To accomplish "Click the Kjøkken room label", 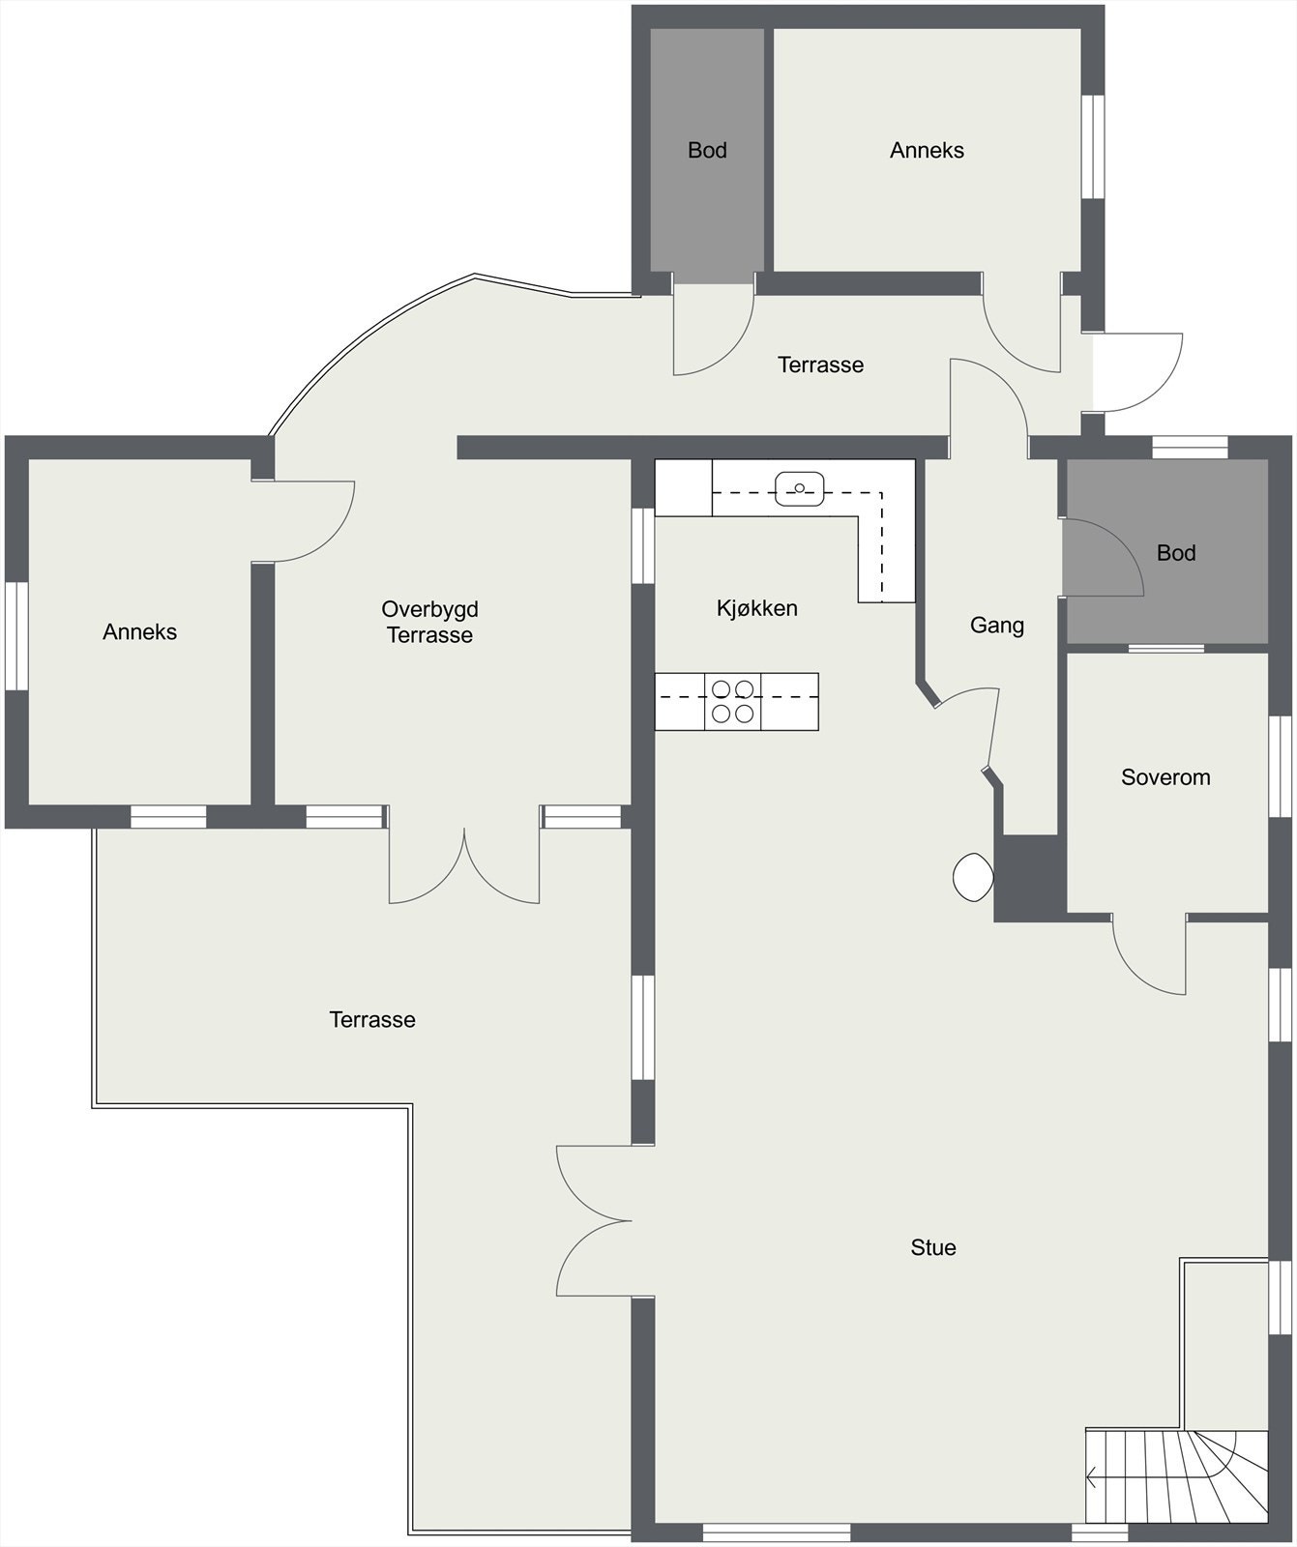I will click(756, 608).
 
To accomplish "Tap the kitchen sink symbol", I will click(799, 488).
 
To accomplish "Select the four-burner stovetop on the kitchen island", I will click(732, 701).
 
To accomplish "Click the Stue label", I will click(932, 1247).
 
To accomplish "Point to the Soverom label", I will click(1164, 777).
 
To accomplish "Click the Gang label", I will click(996, 626).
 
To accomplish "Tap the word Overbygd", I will click(429, 609).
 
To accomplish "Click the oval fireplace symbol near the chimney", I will click(973, 877).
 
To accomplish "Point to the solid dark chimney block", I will click(1029, 876).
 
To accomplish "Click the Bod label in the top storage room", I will click(707, 150).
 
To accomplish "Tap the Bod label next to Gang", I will click(1175, 553).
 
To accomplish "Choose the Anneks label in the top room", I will click(927, 150).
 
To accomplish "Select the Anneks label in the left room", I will click(139, 632).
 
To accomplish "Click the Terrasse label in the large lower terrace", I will click(372, 1019).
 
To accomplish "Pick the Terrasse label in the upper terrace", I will click(820, 365).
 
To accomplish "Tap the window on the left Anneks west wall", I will click(16, 635).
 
